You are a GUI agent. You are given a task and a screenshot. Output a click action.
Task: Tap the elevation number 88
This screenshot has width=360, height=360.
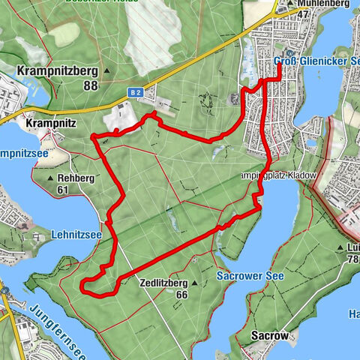pos(91,85)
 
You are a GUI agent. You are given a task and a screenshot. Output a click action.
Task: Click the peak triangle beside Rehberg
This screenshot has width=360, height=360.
pos(51,178)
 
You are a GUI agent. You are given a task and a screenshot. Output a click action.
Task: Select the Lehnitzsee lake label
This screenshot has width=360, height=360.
pos(76,235)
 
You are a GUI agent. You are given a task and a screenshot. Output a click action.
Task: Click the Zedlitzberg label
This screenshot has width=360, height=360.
pos(163,283)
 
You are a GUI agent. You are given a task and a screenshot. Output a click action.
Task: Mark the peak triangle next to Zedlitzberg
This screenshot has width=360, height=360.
pos(194,283)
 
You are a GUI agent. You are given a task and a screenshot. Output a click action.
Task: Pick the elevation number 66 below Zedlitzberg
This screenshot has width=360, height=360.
pos(181,295)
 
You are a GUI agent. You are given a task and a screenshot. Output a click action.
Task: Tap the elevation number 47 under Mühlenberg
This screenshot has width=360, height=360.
pos(302,13)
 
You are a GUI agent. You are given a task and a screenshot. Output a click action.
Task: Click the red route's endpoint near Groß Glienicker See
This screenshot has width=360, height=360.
pos(279,66)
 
